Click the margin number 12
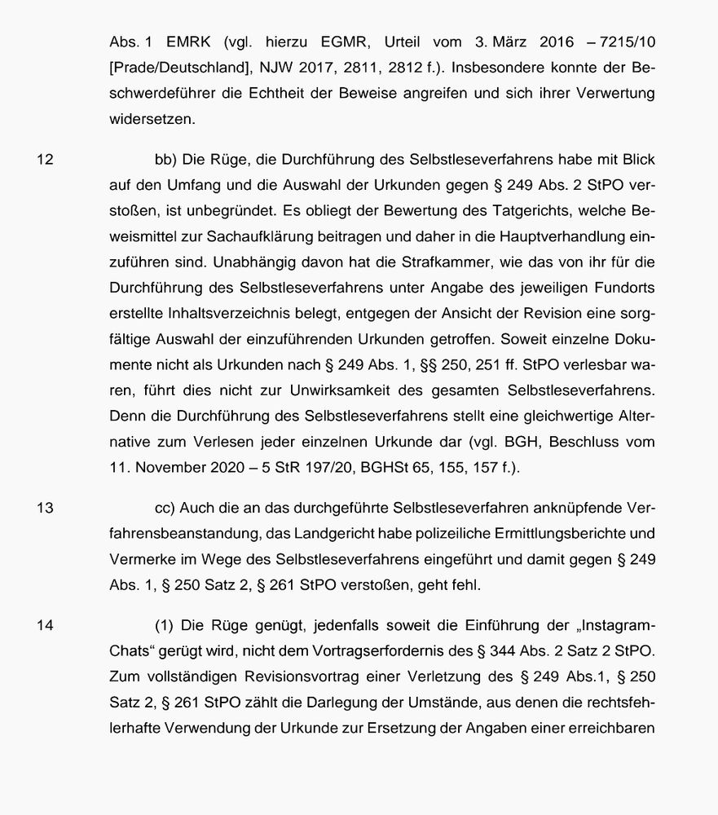(x=46, y=160)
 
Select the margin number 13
(x=46, y=508)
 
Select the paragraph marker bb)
(x=166, y=160)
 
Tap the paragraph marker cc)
(x=166, y=508)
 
